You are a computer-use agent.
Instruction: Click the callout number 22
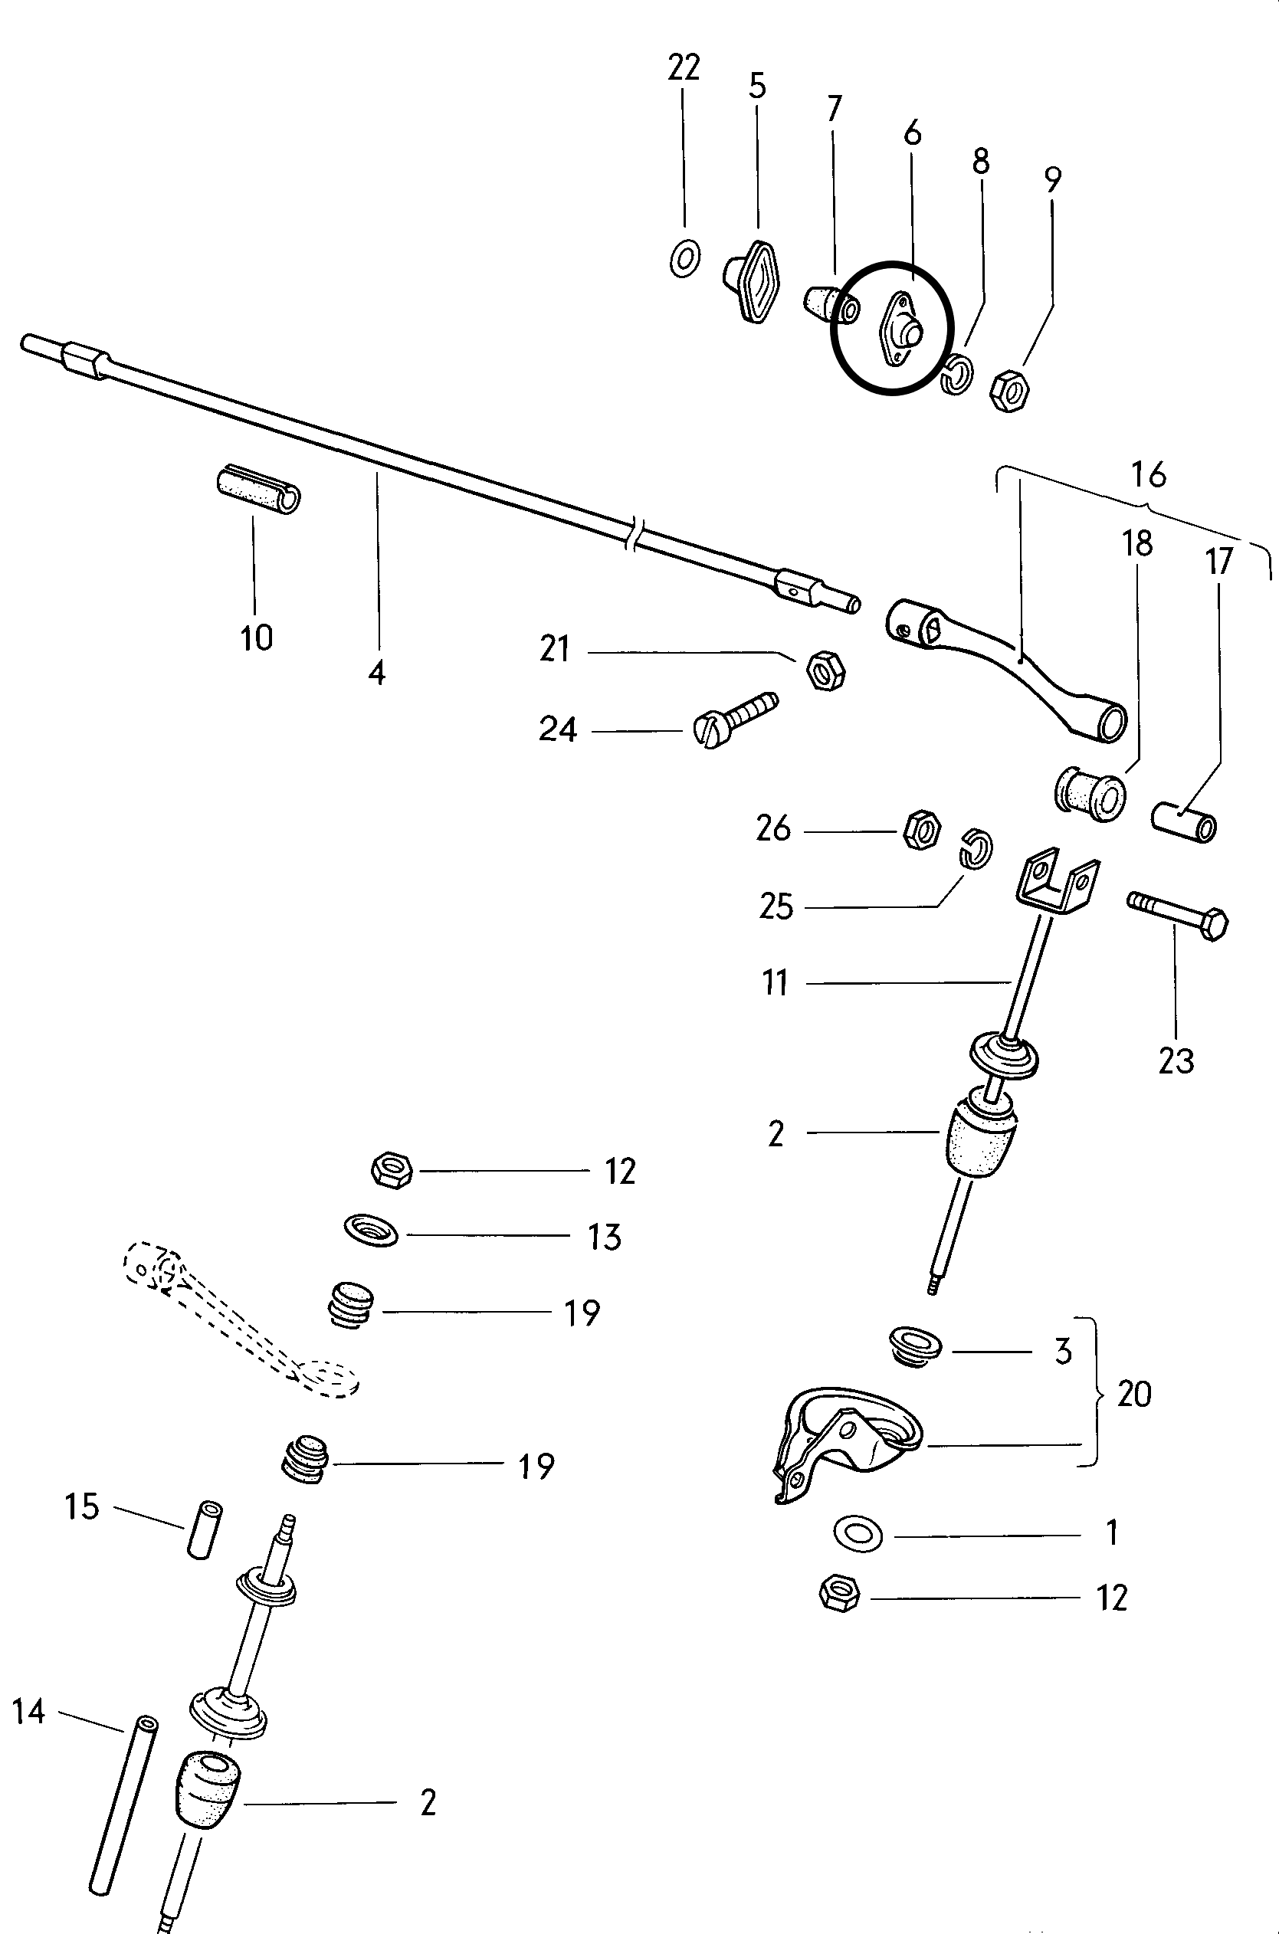click(684, 67)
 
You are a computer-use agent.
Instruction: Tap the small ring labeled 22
click(684, 258)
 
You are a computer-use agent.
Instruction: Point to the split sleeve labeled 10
click(258, 491)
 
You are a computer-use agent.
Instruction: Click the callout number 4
click(376, 674)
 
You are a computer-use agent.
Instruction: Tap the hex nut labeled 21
click(825, 670)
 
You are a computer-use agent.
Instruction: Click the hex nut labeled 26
click(922, 830)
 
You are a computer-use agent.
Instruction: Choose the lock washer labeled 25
click(975, 848)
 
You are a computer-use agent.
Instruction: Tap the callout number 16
click(1149, 474)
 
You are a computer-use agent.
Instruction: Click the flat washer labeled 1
click(858, 1532)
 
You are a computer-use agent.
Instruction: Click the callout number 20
click(1133, 1395)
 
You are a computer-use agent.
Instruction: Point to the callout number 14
click(28, 1713)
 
